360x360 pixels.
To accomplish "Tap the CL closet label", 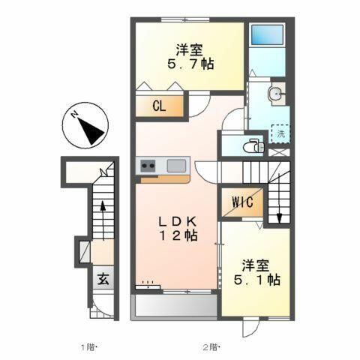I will coord(159,106).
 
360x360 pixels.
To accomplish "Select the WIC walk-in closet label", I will coord(241,201).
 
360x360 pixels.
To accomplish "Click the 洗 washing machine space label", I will coord(280,133).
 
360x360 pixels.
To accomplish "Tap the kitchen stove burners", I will coord(146,165).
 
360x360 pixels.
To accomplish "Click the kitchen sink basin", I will coord(177,165).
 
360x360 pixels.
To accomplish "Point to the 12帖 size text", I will coord(178,236).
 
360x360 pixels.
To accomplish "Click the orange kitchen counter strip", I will coord(163,178).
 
